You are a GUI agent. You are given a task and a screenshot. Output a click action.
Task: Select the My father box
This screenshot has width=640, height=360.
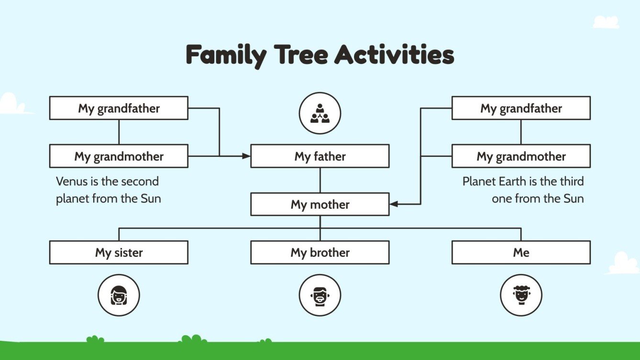click(320, 156)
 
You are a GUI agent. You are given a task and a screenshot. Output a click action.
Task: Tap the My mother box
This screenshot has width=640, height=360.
click(320, 205)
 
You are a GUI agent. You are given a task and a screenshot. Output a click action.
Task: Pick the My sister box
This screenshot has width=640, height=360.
click(119, 252)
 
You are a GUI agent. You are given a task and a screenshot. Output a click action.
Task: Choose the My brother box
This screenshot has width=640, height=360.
click(320, 252)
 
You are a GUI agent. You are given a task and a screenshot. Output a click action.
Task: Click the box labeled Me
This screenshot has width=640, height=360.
click(521, 252)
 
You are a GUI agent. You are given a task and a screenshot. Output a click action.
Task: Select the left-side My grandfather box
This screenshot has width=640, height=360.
click(119, 108)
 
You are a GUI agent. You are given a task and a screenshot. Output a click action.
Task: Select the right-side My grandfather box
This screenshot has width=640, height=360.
click(521, 108)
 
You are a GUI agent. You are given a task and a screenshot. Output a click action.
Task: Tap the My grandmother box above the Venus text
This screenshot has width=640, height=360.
click(119, 156)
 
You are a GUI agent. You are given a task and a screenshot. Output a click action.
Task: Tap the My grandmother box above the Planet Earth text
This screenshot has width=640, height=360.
click(521, 156)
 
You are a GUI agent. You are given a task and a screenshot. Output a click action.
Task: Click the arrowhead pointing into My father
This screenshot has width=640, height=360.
click(246, 156)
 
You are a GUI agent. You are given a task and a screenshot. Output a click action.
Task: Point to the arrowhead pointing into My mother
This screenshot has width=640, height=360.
click(394, 205)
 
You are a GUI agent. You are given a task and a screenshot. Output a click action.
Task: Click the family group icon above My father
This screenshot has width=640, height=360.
click(320, 113)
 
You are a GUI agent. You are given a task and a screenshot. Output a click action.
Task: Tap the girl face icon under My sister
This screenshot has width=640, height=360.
click(119, 295)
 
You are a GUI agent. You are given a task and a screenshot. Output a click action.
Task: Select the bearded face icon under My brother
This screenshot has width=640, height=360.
click(320, 295)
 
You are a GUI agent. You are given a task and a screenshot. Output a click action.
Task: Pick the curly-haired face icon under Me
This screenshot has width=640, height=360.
click(521, 295)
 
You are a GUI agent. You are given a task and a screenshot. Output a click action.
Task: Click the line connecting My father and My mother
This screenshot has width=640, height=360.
click(320, 180)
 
